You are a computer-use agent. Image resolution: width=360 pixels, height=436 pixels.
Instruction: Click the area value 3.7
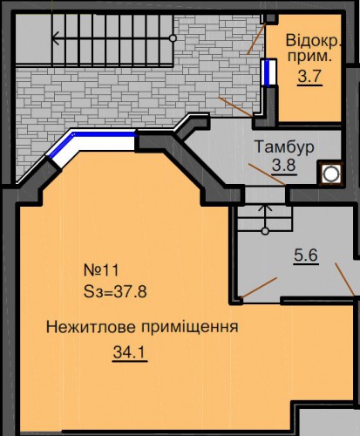[309, 77]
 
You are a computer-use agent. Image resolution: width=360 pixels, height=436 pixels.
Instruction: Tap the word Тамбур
[284, 146]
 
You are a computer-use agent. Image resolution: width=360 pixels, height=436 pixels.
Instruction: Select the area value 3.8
[284, 166]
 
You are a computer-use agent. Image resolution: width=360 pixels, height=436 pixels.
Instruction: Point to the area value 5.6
[306, 255]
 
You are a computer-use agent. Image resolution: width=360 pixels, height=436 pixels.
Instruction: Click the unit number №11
[101, 270]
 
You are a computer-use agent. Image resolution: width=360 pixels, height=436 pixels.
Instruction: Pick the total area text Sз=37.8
[115, 291]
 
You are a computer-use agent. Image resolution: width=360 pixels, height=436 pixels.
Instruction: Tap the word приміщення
[190, 328]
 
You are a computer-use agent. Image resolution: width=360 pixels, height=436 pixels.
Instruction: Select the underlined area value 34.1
[130, 353]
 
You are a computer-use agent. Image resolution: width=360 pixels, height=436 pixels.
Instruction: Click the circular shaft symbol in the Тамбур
[330, 174]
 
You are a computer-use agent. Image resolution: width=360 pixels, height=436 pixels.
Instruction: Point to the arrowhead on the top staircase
[56, 38]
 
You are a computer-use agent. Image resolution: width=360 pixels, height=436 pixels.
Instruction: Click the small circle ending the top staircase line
[173, 38]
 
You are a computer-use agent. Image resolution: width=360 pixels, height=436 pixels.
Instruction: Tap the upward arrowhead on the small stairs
[265, 207]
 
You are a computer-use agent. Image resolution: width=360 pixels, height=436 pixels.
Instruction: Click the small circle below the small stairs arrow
[265, 231]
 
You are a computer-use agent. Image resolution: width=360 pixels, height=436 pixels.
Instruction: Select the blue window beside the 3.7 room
[268, 72]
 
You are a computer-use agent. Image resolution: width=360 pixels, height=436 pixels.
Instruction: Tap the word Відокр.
[313, 40]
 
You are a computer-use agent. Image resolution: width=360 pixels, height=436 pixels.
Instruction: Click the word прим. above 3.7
[309, 56]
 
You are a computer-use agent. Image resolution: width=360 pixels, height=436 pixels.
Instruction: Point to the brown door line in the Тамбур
[267, 174]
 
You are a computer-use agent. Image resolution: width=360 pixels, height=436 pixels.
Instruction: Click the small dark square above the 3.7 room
[271, 18]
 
